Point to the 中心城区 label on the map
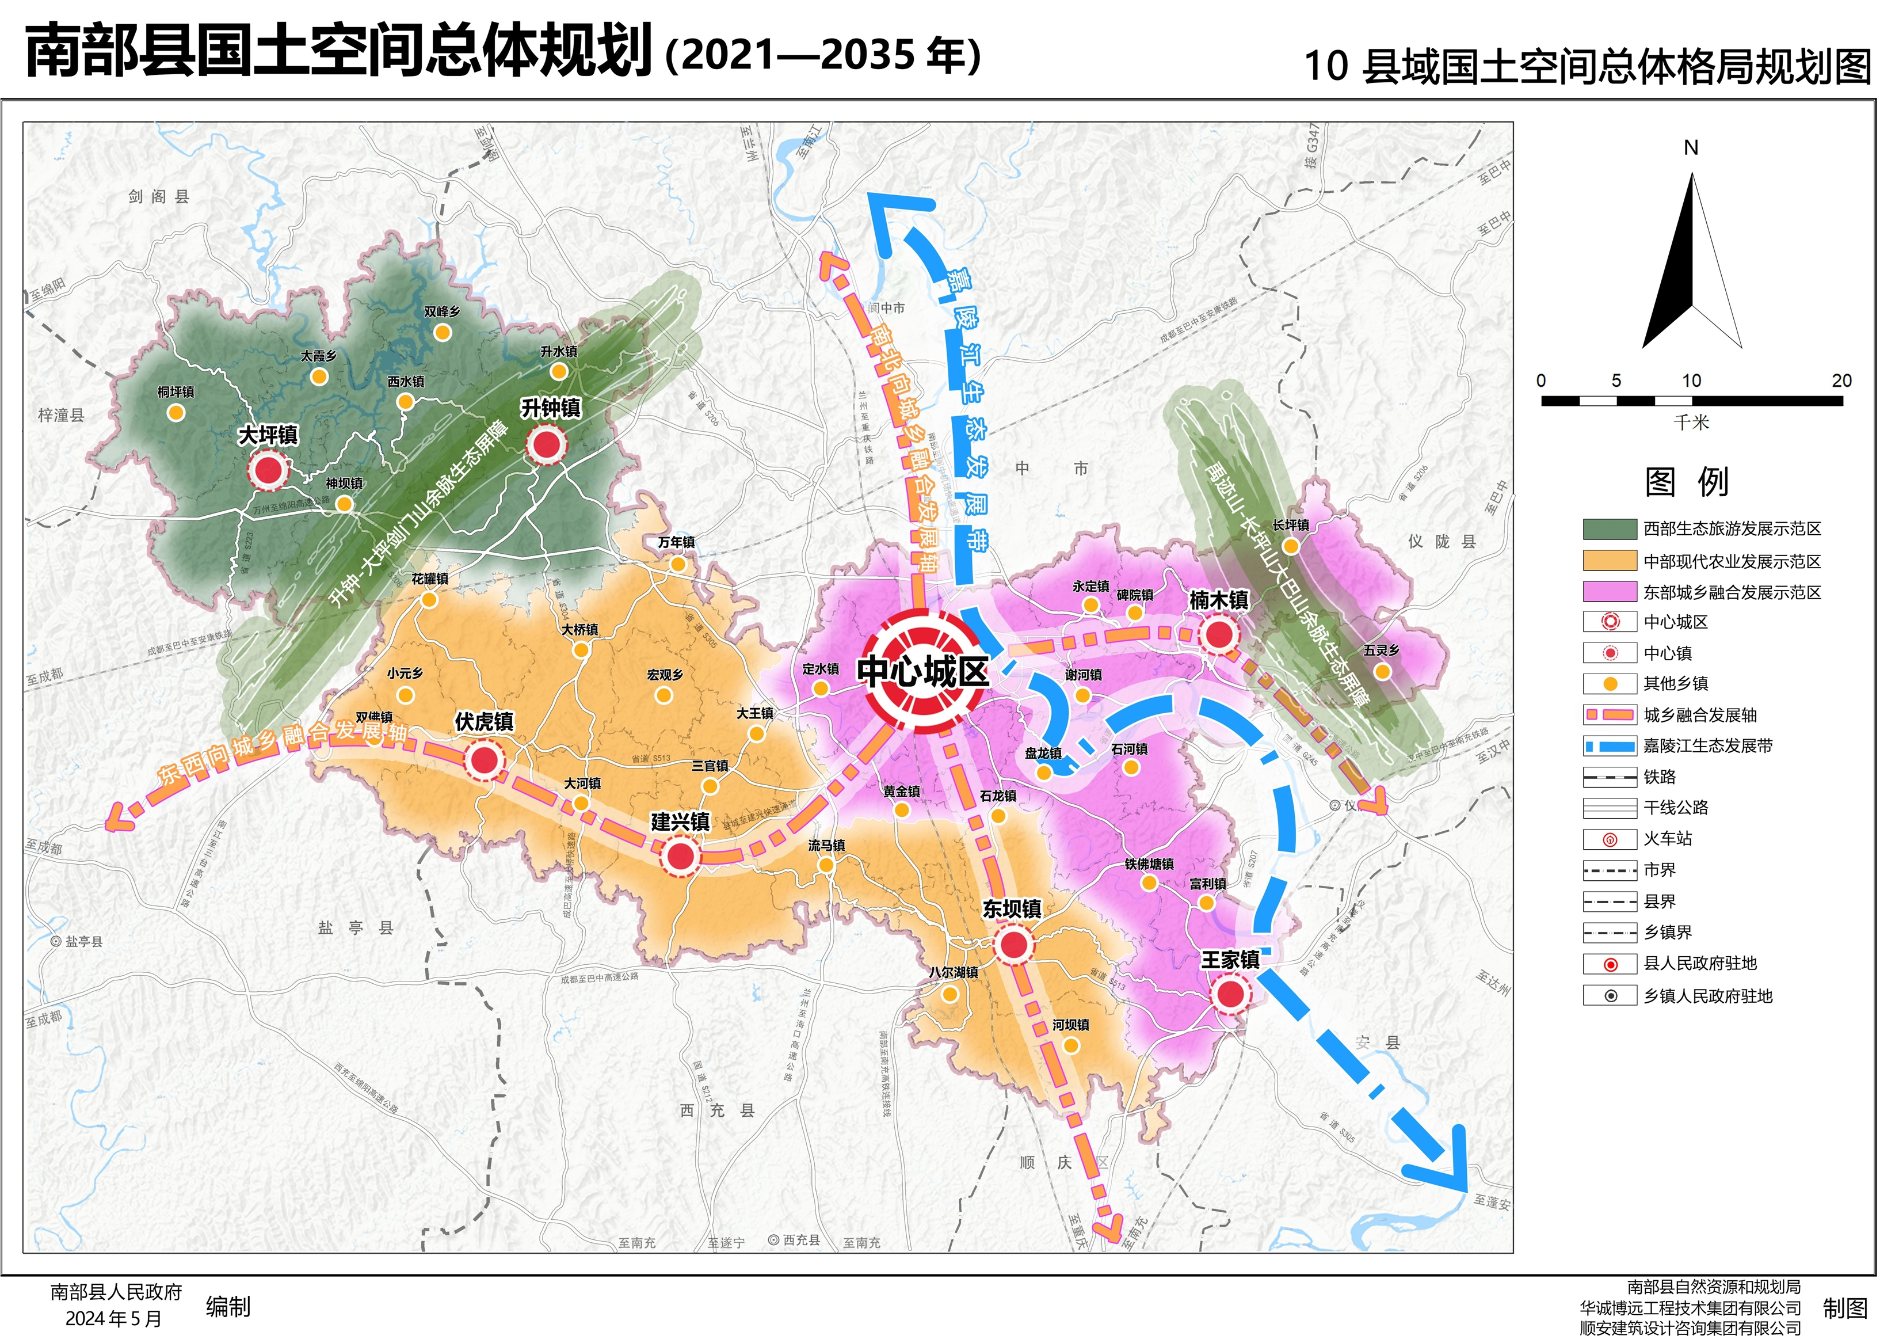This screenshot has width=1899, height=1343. click(923, 671)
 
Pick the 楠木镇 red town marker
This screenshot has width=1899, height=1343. click(1219, 635)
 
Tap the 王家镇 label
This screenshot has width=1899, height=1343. click(1230, 960)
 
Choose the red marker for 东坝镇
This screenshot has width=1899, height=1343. click(1014, 944)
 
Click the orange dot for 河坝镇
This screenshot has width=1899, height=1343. click(1071, 1046)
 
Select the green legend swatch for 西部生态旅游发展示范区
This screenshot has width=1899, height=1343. click(1610, 530)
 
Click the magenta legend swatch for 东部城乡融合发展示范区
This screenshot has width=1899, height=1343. click(1610, 592)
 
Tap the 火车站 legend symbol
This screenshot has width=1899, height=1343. click(1610, 840)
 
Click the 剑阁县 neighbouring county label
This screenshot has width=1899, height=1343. click(159, 197)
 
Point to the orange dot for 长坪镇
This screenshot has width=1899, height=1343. click(1290, 546)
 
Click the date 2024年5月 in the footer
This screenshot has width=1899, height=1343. click(113, 1319)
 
